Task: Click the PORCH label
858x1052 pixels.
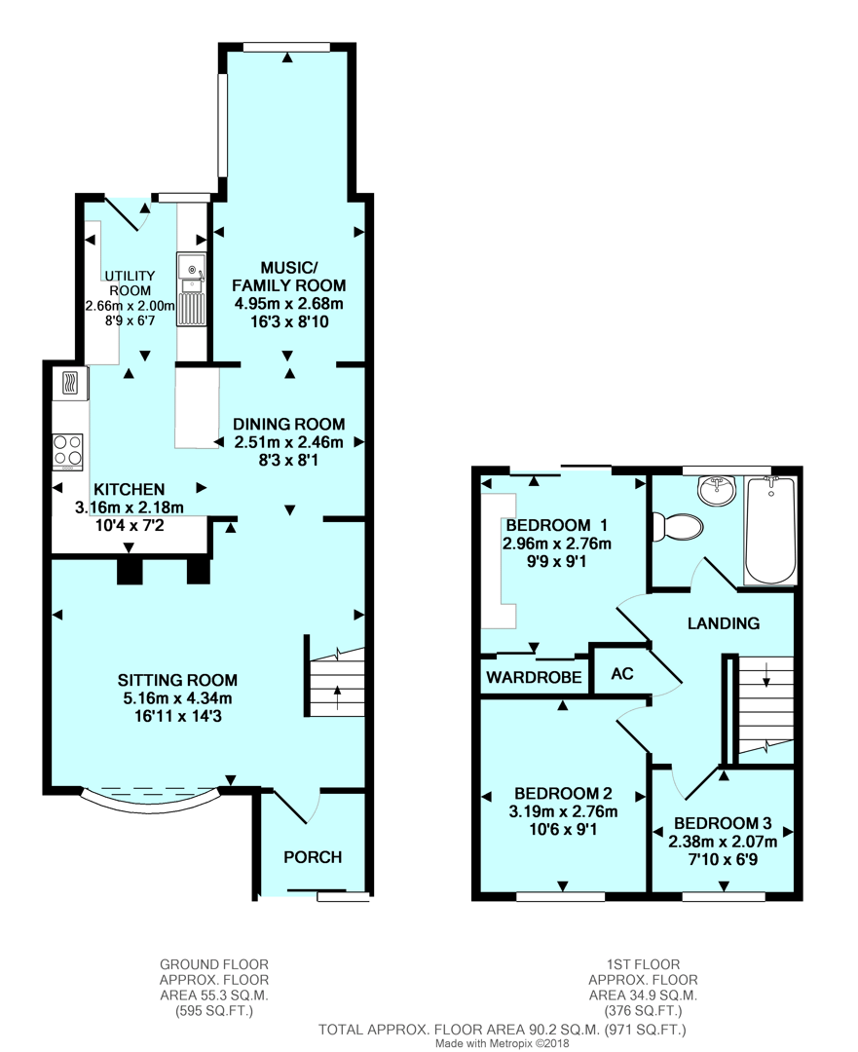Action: [313, 857]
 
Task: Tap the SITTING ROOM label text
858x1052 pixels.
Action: [178, 680]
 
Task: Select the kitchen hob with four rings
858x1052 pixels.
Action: [67, 451]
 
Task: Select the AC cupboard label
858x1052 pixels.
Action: [620, 674]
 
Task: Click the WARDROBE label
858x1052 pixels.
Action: [535, 677]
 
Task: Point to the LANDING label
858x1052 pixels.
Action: [724, 623]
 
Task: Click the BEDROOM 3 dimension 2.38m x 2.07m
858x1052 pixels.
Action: [723, 842]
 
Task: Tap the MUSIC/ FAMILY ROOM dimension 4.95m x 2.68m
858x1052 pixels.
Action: [288, 303]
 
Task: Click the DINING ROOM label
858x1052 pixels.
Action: [289, 424]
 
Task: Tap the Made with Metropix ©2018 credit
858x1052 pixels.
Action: [503, 1042]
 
